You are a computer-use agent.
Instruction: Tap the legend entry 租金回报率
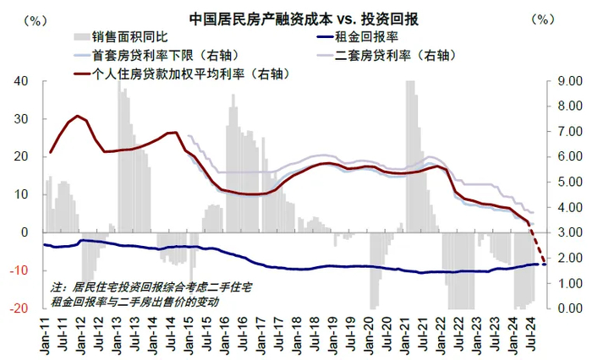[x=373, y=37]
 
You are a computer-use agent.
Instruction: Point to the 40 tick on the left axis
[x=22, y=81]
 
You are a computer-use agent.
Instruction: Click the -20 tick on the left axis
[x=19, y=308]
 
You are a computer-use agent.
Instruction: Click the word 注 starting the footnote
[x=56, y=286]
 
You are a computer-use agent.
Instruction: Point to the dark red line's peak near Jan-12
[x=78, y=116]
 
